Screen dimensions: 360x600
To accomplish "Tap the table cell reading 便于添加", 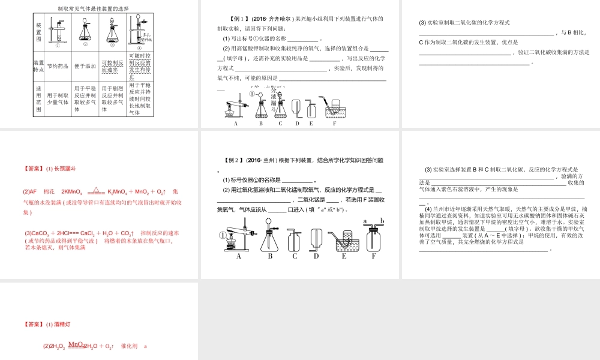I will pos(85,66).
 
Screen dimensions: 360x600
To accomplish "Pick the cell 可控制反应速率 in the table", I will pos(112,66).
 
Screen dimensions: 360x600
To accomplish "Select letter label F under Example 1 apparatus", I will pos(334,124).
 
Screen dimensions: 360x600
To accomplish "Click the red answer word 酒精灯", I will pos(62,325).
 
